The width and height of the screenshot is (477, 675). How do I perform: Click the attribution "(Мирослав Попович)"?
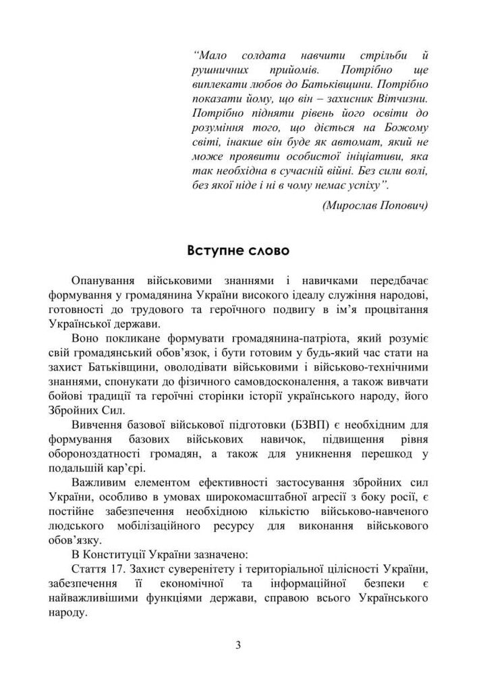[375, 205]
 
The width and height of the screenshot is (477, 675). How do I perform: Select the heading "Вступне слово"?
[238, 252]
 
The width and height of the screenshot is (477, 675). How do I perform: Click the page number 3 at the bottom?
[238, 644]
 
